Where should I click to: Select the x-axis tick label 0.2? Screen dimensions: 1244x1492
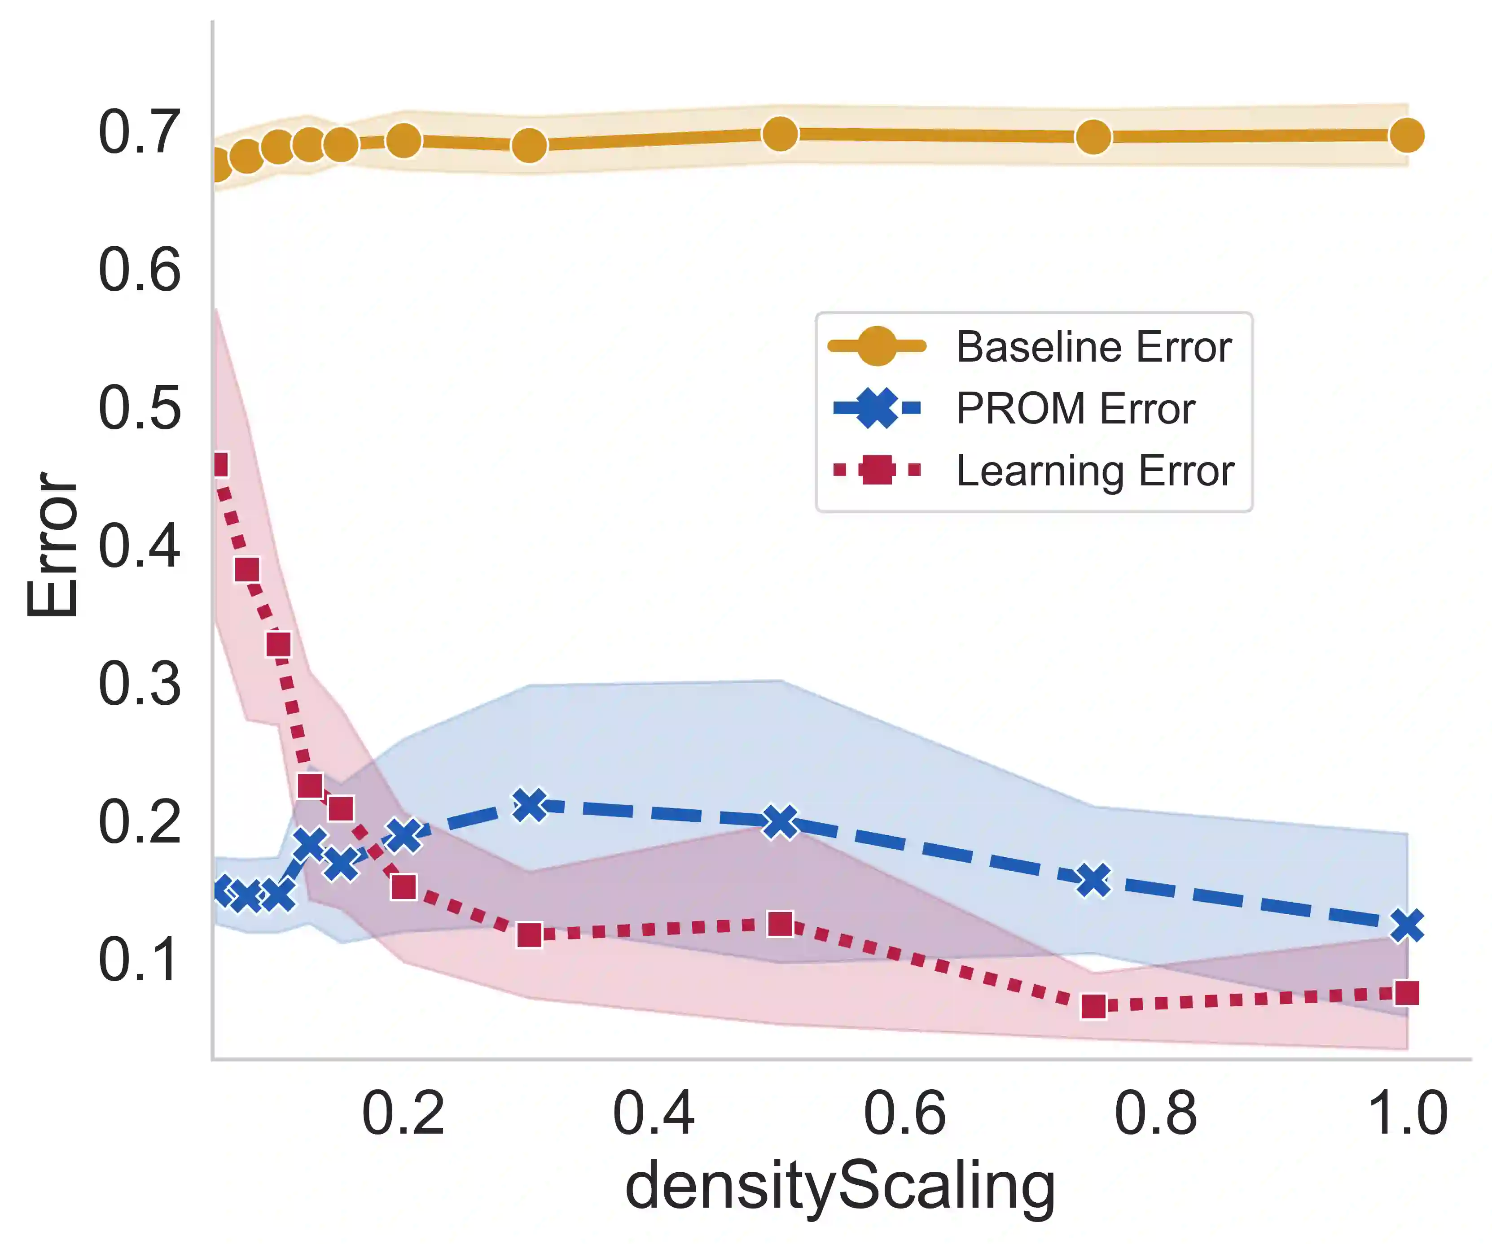point(403,1113)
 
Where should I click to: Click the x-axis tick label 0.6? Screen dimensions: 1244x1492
point(904,1113)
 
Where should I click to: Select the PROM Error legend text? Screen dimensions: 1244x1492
point(1075,409)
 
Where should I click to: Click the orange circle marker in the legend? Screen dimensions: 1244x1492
point(877,346)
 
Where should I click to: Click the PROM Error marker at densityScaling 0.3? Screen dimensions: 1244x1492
point(529,805)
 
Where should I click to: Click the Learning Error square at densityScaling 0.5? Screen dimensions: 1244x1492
point(780,925)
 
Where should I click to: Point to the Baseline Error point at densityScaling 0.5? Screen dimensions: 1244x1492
point(780,134)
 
